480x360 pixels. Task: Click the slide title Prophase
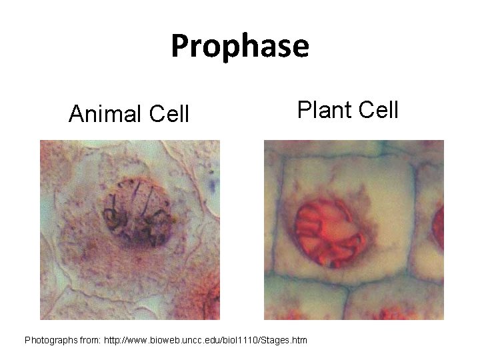point(240,47)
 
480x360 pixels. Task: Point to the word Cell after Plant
point(379,108)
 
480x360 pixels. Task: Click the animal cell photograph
point(130,230)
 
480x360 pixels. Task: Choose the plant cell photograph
point(353,230)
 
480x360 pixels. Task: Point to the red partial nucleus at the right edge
point(438,227)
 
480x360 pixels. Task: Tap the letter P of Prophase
point(181,47)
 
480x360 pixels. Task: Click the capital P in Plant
point(303,108)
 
